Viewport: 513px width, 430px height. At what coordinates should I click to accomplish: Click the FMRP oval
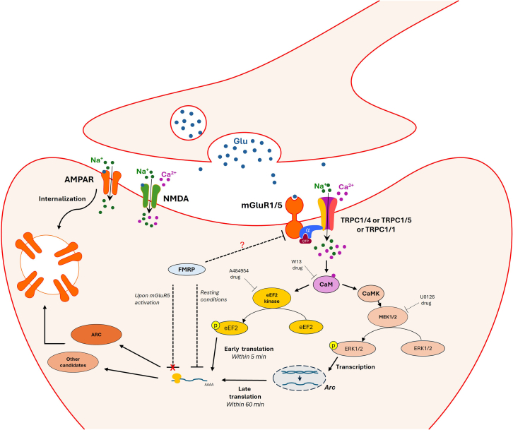187,270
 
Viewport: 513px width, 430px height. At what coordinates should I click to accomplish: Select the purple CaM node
326,284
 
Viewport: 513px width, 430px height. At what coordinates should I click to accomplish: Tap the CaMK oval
371,294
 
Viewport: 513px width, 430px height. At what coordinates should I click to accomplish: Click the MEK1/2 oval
388,316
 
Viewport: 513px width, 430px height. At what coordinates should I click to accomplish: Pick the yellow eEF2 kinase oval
271,298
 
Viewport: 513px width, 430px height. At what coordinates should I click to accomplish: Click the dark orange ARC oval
97,335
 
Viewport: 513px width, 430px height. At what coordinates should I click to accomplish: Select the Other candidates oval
73,362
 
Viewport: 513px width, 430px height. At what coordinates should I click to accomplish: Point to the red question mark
242,244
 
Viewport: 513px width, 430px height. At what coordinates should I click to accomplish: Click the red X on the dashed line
172,367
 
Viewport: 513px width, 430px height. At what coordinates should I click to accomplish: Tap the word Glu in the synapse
240,141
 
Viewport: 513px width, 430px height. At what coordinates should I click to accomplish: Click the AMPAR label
79,179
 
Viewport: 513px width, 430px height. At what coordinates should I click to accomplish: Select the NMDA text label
176,198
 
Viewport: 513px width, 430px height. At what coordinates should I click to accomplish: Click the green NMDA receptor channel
151,196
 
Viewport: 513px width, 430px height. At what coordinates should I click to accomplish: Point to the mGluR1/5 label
261,205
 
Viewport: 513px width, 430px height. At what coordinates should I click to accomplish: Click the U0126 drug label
427,300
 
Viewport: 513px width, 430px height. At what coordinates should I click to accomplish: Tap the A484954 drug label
239,274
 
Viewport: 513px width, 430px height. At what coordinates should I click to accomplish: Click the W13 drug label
297,265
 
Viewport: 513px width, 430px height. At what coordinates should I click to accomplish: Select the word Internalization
62,199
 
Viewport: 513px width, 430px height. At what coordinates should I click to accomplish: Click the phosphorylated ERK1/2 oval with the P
352,348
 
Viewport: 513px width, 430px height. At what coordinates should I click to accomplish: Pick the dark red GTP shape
305,239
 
